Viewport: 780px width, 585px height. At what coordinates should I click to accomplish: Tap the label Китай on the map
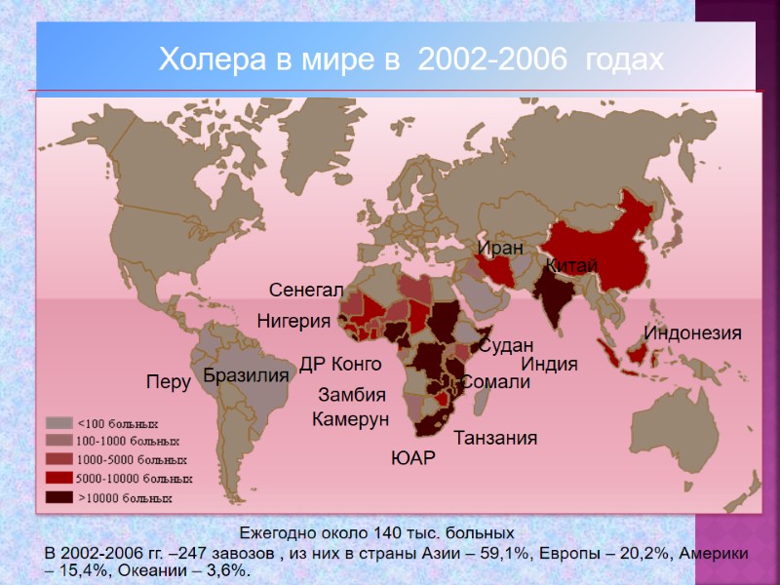[571, 265]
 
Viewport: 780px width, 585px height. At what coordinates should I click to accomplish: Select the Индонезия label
[693, 332]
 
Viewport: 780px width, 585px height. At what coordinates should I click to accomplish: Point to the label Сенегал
[306, 291]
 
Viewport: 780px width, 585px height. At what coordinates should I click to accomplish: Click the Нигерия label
[293, 320]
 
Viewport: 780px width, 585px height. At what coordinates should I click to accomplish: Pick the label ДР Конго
[339, 364]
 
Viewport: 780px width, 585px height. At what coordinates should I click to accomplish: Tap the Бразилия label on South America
[247, 375]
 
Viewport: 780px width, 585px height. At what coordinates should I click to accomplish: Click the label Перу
[168, 381]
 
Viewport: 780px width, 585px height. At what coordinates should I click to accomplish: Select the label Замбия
[352, 396]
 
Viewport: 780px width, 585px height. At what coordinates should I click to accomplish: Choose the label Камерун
[350, 419]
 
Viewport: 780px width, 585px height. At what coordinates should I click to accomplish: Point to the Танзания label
[495, 438]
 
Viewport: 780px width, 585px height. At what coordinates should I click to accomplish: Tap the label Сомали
[494, 382]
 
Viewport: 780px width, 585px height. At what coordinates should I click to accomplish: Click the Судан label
[506, 345]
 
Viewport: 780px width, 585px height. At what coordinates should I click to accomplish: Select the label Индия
[550, 365]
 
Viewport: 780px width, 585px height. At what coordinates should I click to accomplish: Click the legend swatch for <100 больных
[59, 423]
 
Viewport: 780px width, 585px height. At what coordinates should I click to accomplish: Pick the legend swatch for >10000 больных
[59, 497]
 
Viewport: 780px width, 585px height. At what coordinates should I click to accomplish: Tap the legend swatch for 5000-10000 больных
[59, 479]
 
